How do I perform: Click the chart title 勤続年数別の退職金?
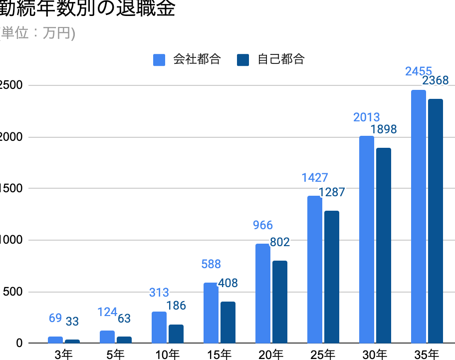87,9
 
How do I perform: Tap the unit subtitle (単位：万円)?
37,33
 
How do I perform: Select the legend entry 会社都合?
187,59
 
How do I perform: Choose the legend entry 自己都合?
272,59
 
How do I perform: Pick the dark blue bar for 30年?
384,246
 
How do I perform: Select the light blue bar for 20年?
263,293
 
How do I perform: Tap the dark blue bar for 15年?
228,322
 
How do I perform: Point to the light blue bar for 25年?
315,270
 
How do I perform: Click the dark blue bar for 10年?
176,334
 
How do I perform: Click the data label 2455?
419,71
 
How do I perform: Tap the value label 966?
263,225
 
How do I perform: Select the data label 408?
228,283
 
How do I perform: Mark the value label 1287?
332,192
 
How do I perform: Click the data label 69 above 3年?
55,318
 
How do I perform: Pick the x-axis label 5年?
115,355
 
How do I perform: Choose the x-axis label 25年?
323,355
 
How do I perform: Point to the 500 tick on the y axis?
12,292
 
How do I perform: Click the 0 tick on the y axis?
19,343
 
